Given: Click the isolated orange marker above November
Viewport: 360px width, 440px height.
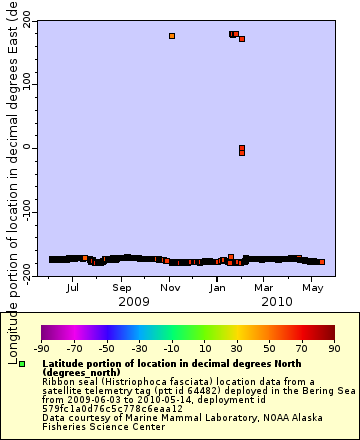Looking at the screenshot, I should coord(172,36).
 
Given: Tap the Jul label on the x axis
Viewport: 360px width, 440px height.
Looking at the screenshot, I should coord(72,288).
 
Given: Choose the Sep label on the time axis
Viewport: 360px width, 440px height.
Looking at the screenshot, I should coord(121,288).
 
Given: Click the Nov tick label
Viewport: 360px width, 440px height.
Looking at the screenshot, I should coord(170,288).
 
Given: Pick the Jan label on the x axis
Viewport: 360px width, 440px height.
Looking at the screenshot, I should coord(218,288).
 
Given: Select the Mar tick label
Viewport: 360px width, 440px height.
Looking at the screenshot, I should coord(265,288).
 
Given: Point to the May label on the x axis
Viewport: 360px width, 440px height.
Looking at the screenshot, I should coord(314,288).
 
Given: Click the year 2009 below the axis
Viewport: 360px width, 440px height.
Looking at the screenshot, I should coord(133,301).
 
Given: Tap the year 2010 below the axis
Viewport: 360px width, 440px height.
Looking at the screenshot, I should coord(277,301).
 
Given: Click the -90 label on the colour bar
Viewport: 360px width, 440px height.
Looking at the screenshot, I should coord(42,349).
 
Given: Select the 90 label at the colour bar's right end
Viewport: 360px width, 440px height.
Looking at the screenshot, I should coord(333,349).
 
